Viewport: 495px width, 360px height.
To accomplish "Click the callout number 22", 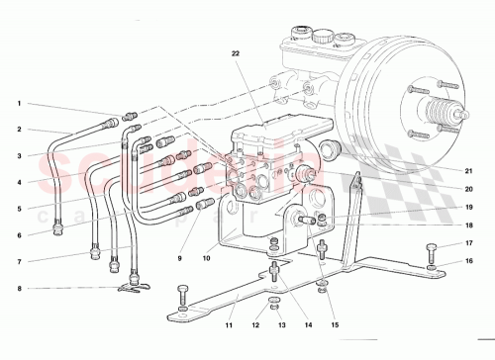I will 237,52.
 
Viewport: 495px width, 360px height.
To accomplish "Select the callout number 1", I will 18,104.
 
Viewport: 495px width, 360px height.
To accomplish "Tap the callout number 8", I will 18,289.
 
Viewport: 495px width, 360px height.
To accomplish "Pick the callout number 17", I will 470,242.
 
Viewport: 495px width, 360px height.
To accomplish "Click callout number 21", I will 470,168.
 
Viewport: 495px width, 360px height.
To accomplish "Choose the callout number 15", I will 334,324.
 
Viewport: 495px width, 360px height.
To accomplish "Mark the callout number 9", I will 179,259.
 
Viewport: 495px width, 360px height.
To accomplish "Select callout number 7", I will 18,261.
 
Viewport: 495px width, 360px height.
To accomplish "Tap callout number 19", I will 470,208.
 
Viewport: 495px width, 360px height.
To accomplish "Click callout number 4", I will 18,182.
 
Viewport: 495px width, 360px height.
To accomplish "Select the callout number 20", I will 470,189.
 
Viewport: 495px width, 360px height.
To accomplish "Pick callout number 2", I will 18,130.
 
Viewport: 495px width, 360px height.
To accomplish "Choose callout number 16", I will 470,262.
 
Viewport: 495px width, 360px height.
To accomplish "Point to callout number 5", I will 18,209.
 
